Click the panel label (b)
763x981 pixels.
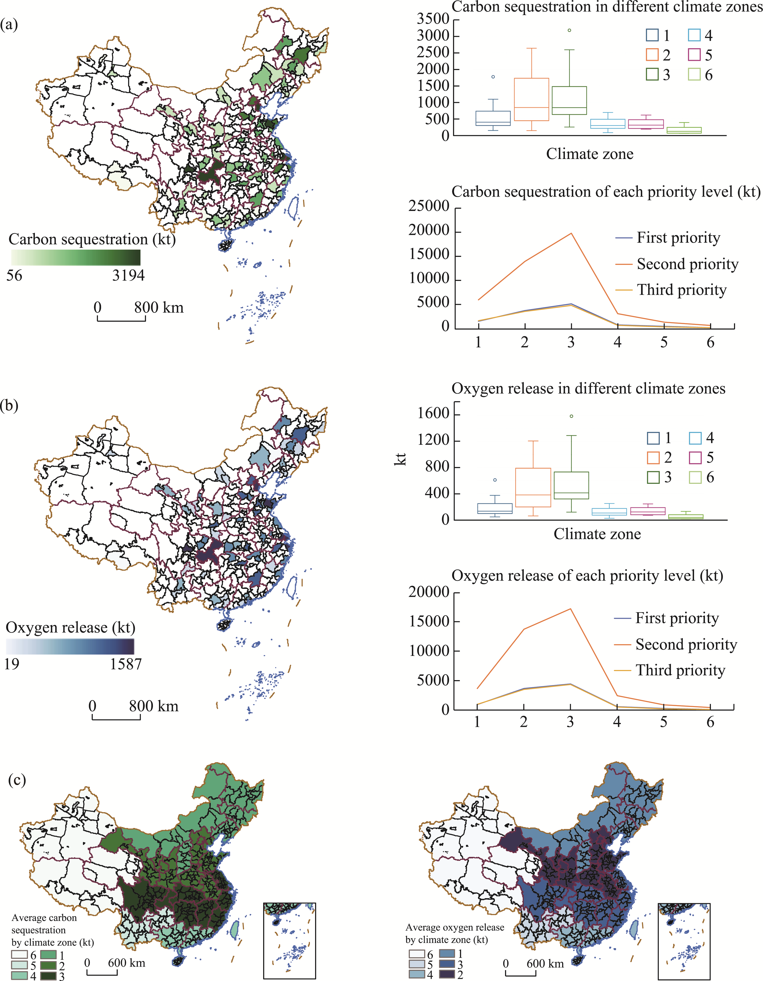click(x=9, y=406)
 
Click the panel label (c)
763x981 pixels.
click(x=17, y=780)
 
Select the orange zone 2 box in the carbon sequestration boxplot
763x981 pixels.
click(x=532, y=99)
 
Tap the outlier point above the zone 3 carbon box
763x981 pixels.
click(x=569, y=31)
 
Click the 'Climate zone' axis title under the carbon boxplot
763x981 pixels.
click(x=590, y=154)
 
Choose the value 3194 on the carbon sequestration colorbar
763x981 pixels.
click(x=129, y=275)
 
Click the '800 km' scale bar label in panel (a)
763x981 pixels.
click(x=159, y=308)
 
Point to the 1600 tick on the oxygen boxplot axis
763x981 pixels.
click(x=433, y=414)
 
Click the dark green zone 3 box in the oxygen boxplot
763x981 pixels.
click(x=571, y=485)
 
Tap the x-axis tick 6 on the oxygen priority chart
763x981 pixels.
click(x=710, y=722)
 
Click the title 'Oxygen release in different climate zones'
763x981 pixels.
click(x=588, y=389)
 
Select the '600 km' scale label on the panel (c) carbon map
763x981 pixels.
click(x=126, y=963)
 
